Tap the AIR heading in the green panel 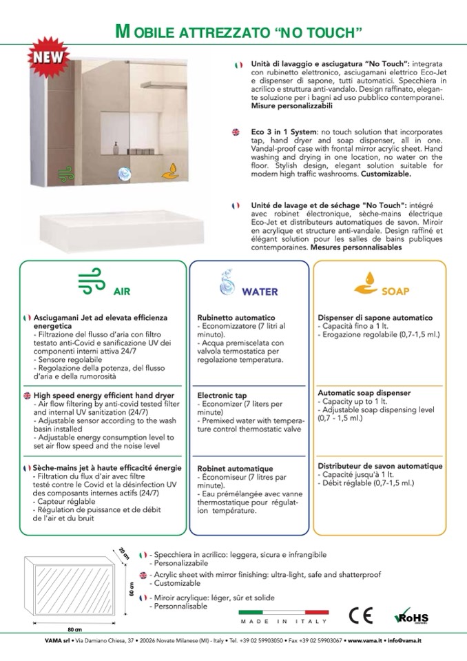pos(121,291)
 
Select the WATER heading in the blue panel pos(259,291)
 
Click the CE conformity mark pos(361,615)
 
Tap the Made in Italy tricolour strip pos(283,612)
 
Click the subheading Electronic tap pos(222,396)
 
